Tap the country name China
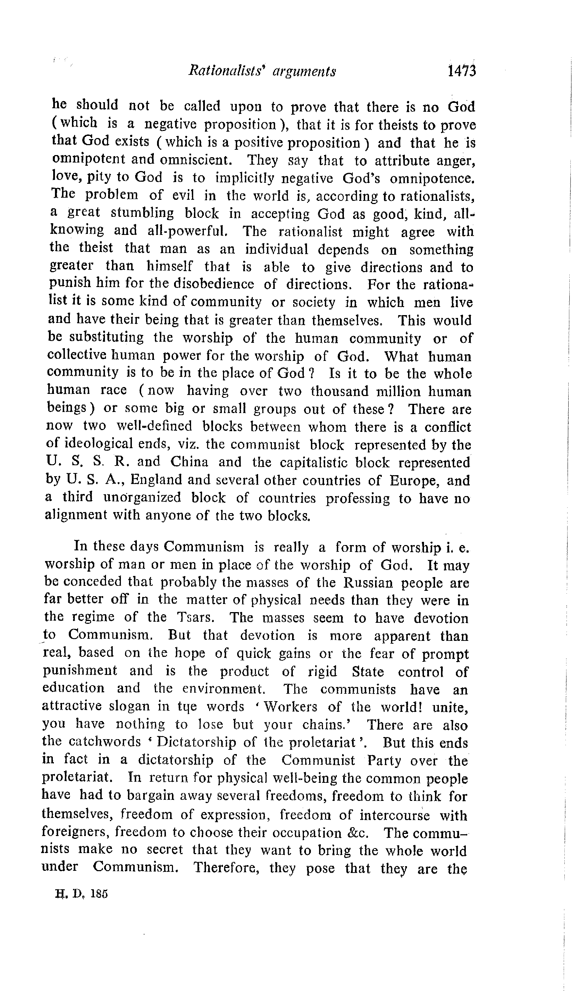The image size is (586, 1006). [189, 462]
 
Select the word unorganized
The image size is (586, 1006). [142, 497]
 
